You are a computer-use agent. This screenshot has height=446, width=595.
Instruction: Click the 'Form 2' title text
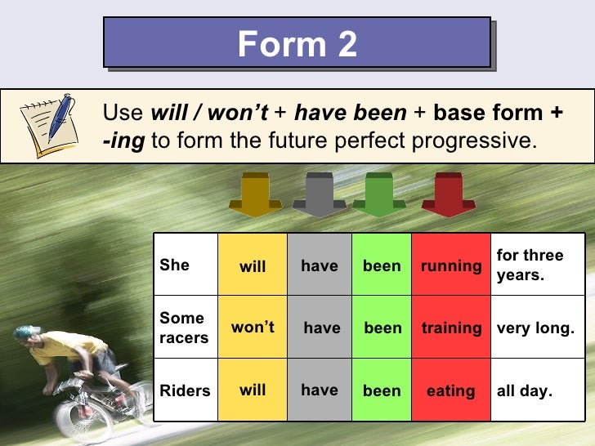pos(297,43)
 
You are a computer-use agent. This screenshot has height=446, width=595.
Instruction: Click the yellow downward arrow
pos(255,194)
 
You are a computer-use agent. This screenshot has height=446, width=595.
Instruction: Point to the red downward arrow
pos(449,194)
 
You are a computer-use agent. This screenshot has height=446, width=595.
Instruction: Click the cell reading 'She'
pos(174,265)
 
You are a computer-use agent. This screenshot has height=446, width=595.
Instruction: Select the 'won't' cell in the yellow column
pos(253,328)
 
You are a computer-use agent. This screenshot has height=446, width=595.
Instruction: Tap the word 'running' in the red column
pos(451,265)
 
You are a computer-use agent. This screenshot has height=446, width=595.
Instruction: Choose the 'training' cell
pos(451,328)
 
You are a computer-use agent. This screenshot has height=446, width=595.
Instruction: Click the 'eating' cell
pos(450,391)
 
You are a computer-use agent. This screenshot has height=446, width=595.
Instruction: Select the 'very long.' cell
pos(535,328)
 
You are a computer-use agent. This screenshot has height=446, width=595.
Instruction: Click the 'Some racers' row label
pos(184,328)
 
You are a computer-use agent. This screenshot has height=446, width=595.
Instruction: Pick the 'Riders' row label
pos(185,390)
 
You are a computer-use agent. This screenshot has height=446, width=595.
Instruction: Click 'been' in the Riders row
pos(382,391)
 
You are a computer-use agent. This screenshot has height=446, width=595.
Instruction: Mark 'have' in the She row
pos(319,265)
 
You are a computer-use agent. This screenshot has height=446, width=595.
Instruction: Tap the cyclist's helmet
pos(28,332)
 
